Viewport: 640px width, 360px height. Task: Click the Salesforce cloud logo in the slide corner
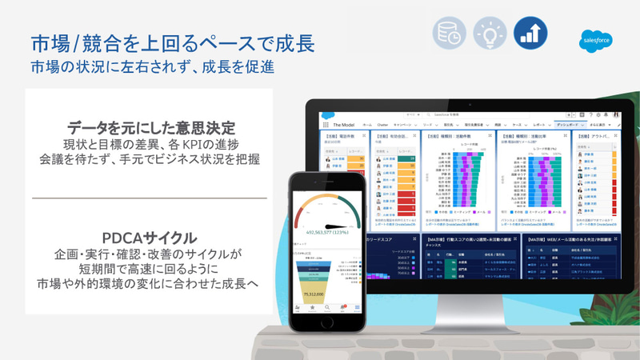pyautogui.click(x=595, y=42)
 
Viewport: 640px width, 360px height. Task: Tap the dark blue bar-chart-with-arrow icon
pyautogui.click(x=529, y=32)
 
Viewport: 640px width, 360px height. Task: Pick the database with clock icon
pyautogui.click(x=448, y=32)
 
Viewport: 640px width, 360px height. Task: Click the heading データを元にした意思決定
pyautogui.click(x=150, y=127)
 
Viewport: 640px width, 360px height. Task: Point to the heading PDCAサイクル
pyautogui.click(x=150, y=238)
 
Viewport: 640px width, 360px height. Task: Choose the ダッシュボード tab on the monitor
pyautogui.click(x=573, y=126)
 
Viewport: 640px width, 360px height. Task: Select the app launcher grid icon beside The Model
pyautogui.click(x=326, y=126)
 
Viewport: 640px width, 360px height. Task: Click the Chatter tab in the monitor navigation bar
pyautogui.click(x=385, y=126)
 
